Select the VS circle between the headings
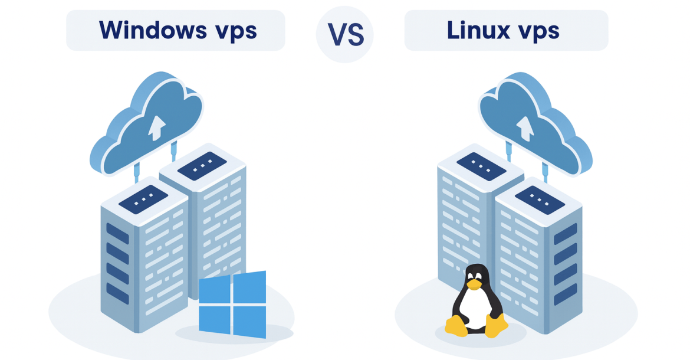344,35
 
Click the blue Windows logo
232,304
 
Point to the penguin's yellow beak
473,284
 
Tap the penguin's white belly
475,309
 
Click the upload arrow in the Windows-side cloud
157,127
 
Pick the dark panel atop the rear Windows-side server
202,166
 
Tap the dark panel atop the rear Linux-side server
481,166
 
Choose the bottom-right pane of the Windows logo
250,322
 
